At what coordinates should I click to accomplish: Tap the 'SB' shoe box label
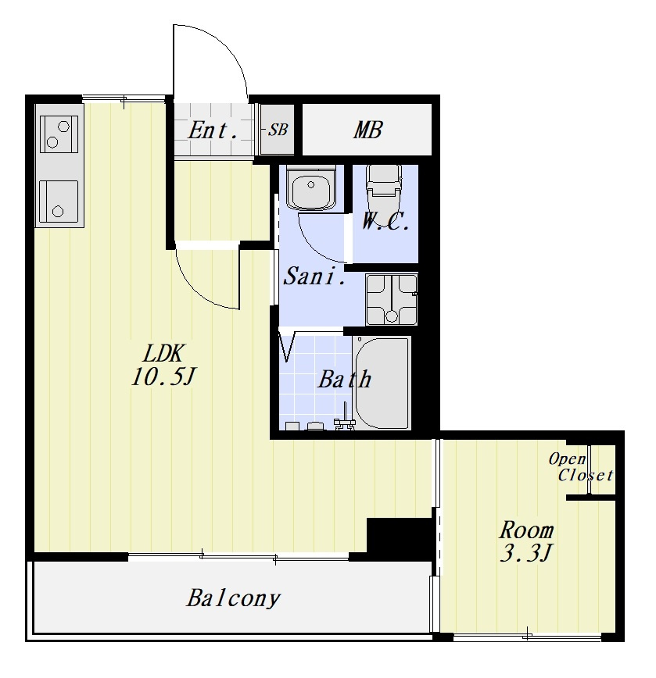click(x=278, y=130)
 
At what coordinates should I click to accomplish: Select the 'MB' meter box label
click(x=367, y=130)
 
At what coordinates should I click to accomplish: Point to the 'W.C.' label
click(x=385, y=222)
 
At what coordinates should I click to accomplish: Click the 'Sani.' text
click(x=314, y=276)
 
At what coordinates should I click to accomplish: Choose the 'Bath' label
click(x=345, y=379)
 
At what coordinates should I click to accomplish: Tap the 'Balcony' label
click(x=233, y=599)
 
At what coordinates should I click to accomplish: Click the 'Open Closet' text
click(x=581, y=467)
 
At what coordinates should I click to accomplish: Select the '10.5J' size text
click(x=163, y=376)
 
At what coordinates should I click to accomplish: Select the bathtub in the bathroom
click(x=382, y=383)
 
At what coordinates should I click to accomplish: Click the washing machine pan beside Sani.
click(x=391, y=299)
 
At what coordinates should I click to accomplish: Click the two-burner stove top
click(x=59, y=134)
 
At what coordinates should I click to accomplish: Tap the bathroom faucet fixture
click(x=345, y=419)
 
